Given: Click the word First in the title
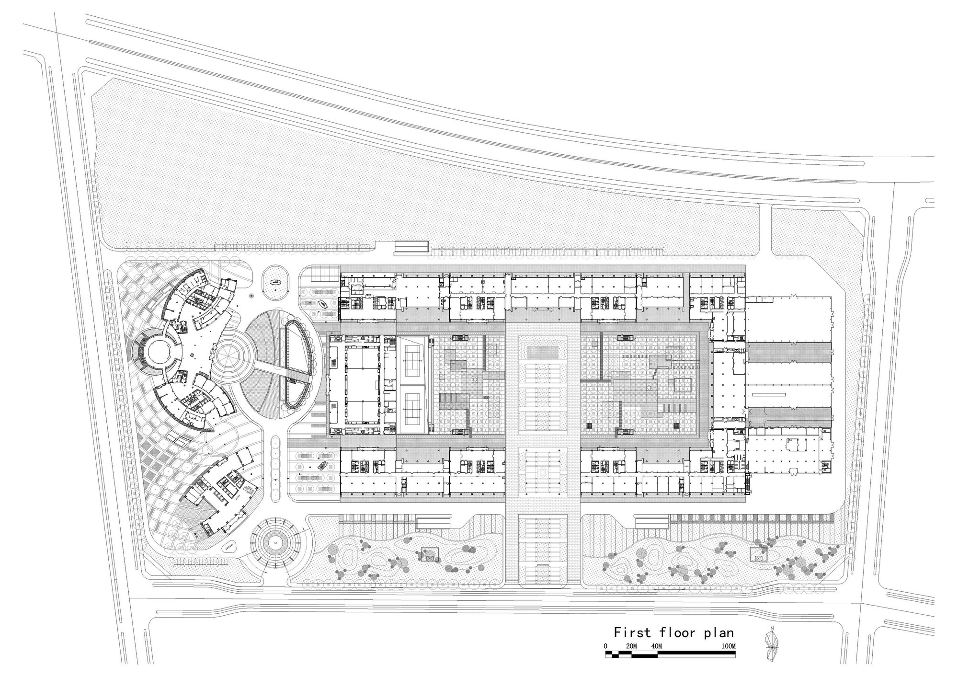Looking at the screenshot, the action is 633,632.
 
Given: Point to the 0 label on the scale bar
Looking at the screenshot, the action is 606,646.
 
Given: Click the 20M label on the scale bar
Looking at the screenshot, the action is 631,646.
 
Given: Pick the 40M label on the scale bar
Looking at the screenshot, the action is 657,646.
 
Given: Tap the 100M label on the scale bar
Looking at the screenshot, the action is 728,646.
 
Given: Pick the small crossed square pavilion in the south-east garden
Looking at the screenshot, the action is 758,554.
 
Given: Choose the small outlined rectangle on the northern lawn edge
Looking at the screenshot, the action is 411,247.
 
